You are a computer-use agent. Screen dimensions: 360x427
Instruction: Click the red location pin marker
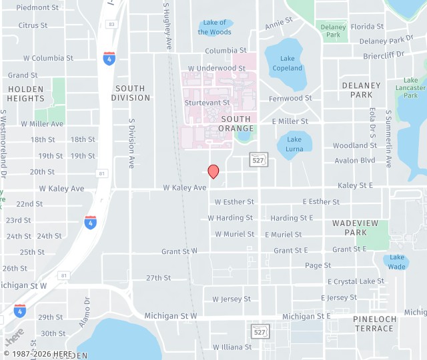click(x=213, y=171)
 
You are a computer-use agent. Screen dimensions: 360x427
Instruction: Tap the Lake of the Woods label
click(x=215, y=27)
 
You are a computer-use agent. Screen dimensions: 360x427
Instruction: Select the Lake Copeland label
click(x=287, y=63)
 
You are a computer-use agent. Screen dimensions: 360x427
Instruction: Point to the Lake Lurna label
click(x=294, y=144)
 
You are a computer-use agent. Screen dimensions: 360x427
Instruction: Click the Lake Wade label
click(x=397, y=262)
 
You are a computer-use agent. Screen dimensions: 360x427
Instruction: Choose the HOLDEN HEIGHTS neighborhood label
click(x=25, y=93)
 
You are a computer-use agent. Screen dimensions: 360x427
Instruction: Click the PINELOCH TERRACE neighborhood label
click(x=374, y=324)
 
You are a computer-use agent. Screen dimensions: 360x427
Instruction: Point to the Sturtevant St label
click(x=207, y=103)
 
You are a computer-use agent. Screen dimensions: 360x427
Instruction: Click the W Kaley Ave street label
click(x=185, y=188)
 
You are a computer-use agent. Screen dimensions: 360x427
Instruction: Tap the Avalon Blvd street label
click(x=355, y=161)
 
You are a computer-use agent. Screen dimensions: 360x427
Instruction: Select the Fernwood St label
click(x=290, y=98)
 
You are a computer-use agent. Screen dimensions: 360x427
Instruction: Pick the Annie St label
click(x=279, y=25)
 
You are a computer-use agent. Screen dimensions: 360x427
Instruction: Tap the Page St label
click(x=318, y=265)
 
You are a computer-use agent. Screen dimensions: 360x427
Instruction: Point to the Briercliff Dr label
click(x=384, y=55)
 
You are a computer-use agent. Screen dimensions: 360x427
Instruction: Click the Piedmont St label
click(x=37, y=7)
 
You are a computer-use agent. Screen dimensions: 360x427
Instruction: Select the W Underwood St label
click(x=217, y=68)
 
